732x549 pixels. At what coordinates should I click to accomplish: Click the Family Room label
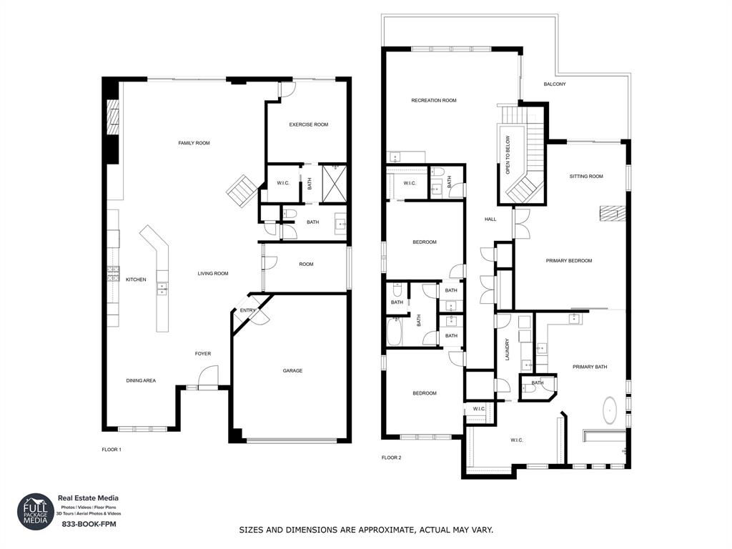[194, 143]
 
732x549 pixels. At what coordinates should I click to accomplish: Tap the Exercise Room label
[308, 124]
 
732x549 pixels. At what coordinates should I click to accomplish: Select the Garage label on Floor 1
[292, 370]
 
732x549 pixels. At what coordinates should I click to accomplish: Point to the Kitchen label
[136, 280]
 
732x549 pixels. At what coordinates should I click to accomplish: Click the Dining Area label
[141, 380]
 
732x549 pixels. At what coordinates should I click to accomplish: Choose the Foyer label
[203, 354]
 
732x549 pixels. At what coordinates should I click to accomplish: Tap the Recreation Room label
[433, 101]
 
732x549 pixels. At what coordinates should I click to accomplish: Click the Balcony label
[554, 84]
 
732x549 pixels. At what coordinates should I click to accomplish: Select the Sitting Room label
[586, 176]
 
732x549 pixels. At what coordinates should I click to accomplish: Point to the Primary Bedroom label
[569, 261]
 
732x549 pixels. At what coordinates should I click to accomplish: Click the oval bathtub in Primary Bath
[610, 412]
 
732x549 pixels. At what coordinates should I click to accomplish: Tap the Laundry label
[508, 349]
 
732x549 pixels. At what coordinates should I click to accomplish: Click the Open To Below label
[508, 155]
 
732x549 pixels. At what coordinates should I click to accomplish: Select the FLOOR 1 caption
[112, 450]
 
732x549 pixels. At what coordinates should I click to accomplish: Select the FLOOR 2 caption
[391, 457]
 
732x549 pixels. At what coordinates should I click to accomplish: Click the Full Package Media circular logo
[36, 512]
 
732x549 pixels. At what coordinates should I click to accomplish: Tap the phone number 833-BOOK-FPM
[89, 524]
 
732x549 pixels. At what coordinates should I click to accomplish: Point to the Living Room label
[213, 273]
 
